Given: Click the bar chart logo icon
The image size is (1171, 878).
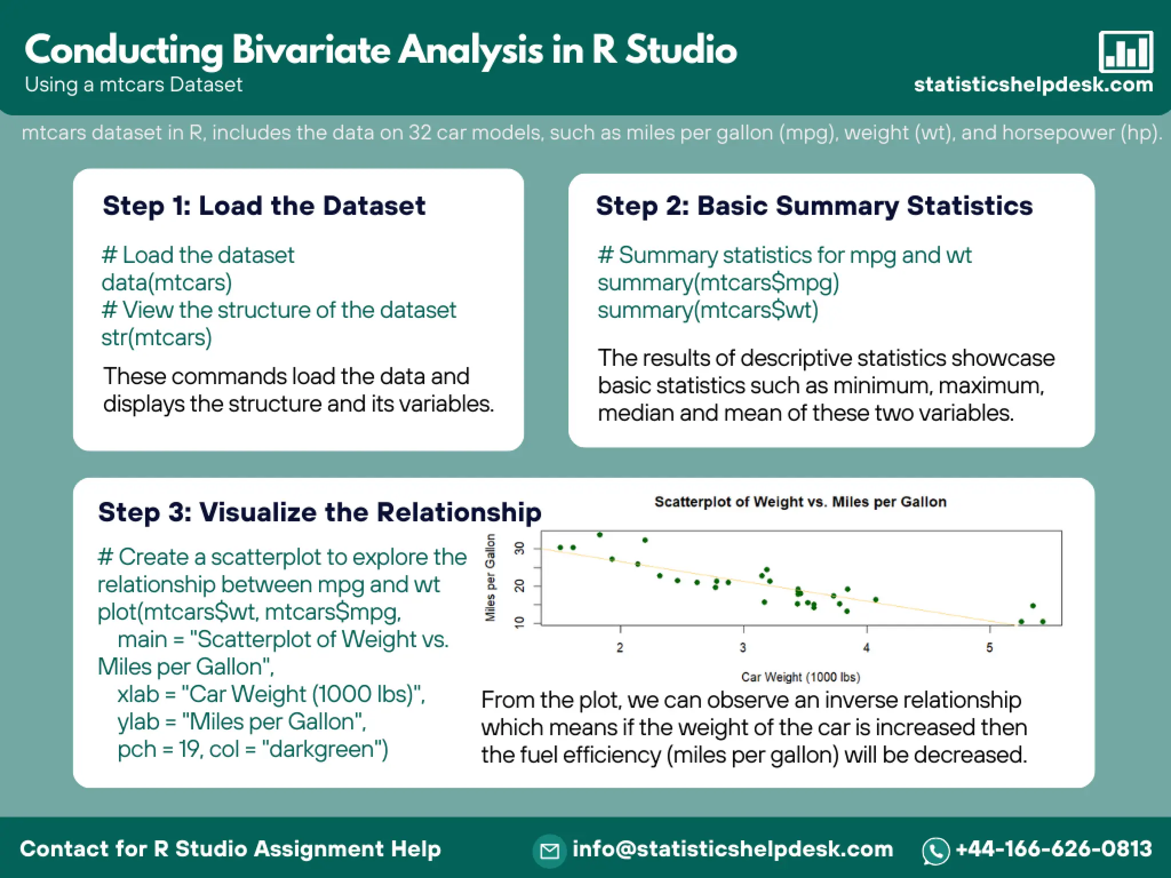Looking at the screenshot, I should pyautogui.click(x=1125, y=52).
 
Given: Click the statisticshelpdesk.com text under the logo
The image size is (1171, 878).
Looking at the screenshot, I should pyautogui.click(x=1033, y=85).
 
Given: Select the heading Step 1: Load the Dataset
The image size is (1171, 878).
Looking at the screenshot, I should pyautogui.click(x=264, y=206).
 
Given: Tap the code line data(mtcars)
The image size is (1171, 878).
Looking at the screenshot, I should pyautogui.click(x=166, y=282).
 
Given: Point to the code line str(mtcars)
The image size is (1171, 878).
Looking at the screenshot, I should pyautogui.click(x=157, y=337).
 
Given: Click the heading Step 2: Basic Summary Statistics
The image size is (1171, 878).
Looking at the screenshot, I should pyautogui.click(x=814, y=206).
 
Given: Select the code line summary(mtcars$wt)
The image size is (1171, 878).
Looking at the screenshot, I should pyautogui.click(x=708, y=310).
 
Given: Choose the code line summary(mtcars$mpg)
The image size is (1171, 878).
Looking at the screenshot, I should pyautogui.click(x=718, y=282).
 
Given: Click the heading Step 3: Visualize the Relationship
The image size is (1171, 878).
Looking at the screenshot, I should pyautogui.click(x=320, y=512).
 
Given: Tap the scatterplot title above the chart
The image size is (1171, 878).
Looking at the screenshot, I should pyautogui.click(x=800, y=502).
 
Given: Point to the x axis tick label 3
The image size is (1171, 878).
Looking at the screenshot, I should pyautogui.click(x=743, y=648).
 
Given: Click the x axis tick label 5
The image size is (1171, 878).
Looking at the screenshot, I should pyautogui.click(x=990, y=648).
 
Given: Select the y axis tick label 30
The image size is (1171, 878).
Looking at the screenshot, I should pyautogui.click(x=519, y=549).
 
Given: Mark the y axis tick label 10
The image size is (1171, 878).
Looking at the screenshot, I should pyautogui.click(x=519, y=622).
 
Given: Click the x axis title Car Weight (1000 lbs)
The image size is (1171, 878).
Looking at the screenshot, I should pyautogui.click(x=800, y=677).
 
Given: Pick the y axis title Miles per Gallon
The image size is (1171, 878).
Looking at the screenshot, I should pyautogui.click(x=490, y=577).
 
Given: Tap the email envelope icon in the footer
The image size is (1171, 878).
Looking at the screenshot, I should pyautogui.click(x=549, y=851).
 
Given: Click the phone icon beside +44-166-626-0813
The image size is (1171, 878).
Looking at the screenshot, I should pyautogui.click(x=935, y=851).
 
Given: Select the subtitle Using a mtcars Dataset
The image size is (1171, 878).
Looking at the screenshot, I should pyautogui.click(x=134, y=85).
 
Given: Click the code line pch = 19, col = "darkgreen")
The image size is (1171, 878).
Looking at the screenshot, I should pyautogui.click(x=253, y=749).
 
